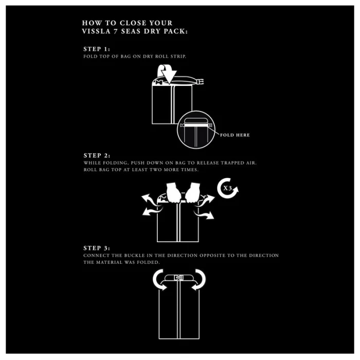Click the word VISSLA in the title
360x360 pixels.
(x=96, y=31)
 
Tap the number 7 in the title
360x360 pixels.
(x=116, y=31)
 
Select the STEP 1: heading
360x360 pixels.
(x=97, y=49)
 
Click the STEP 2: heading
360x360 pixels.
(x=97, y=155)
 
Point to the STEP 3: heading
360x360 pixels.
(x=97, y=248)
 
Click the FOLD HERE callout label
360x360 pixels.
(x=235, y=135)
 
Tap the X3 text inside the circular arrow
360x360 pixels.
(x=227, y=188)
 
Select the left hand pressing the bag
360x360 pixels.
(x=173, y=193)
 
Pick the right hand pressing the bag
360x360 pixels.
(x=192, y=193)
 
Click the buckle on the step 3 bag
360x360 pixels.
(x=178, y=278)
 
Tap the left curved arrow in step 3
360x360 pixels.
(x=158, y=280)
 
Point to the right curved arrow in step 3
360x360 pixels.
(x=199, y=280)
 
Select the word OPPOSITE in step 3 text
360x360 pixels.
(x=212, y=256)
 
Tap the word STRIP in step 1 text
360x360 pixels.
(x=178, y=57)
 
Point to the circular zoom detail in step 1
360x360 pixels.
(x=196, y=130)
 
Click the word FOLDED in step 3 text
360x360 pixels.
(x=148, y=262)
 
